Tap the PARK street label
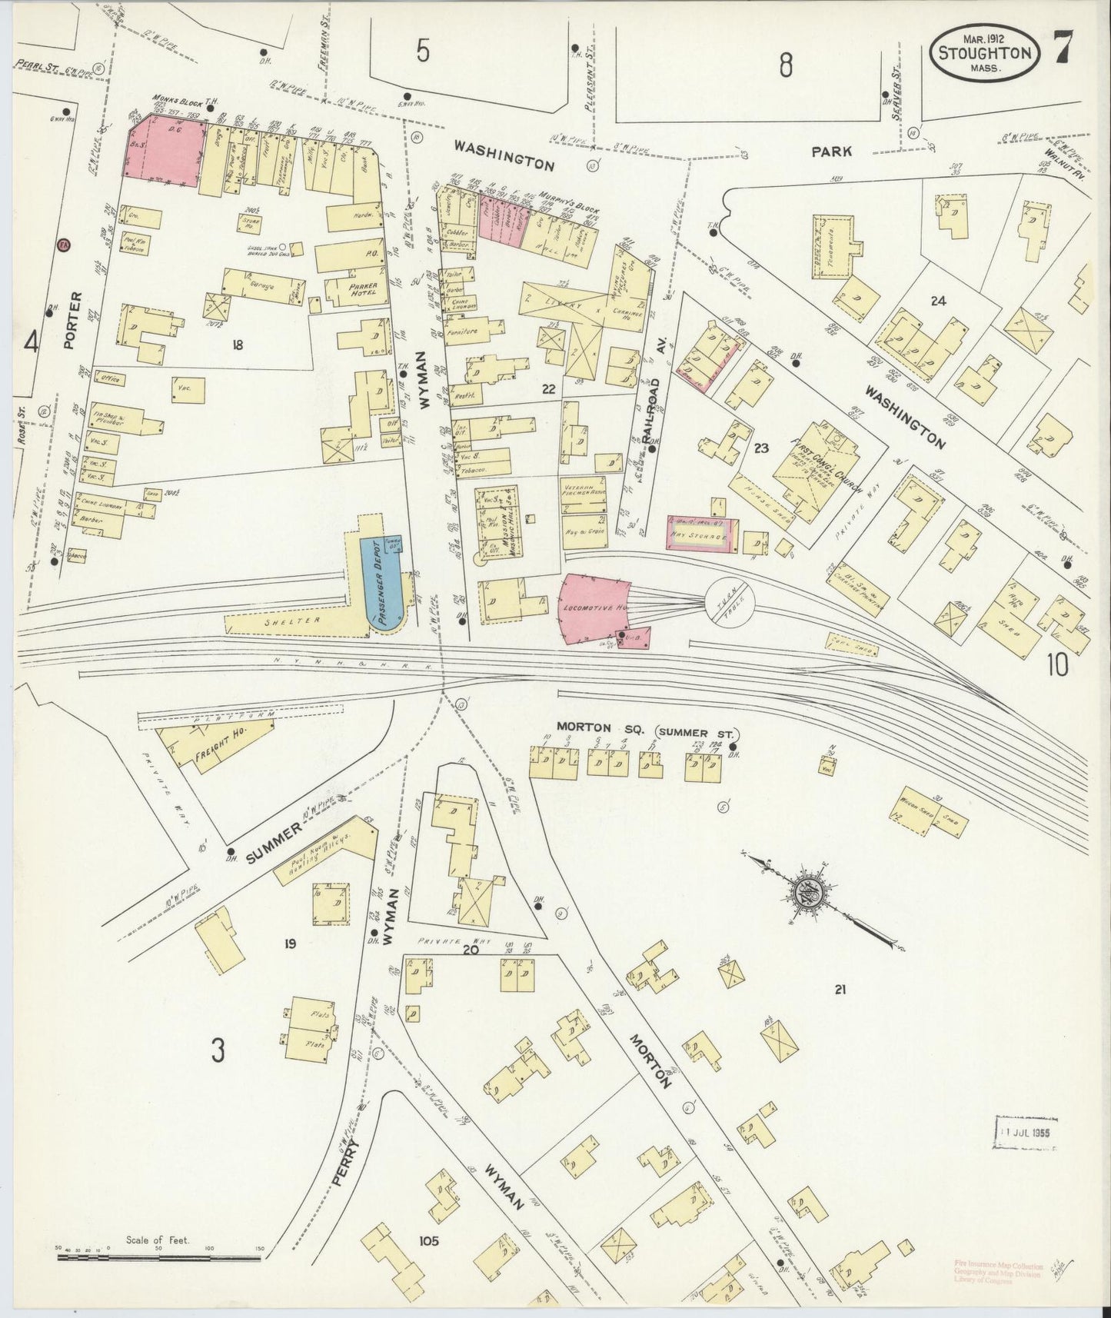(x=831, y=151)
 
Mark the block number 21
(x=839, y=990)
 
